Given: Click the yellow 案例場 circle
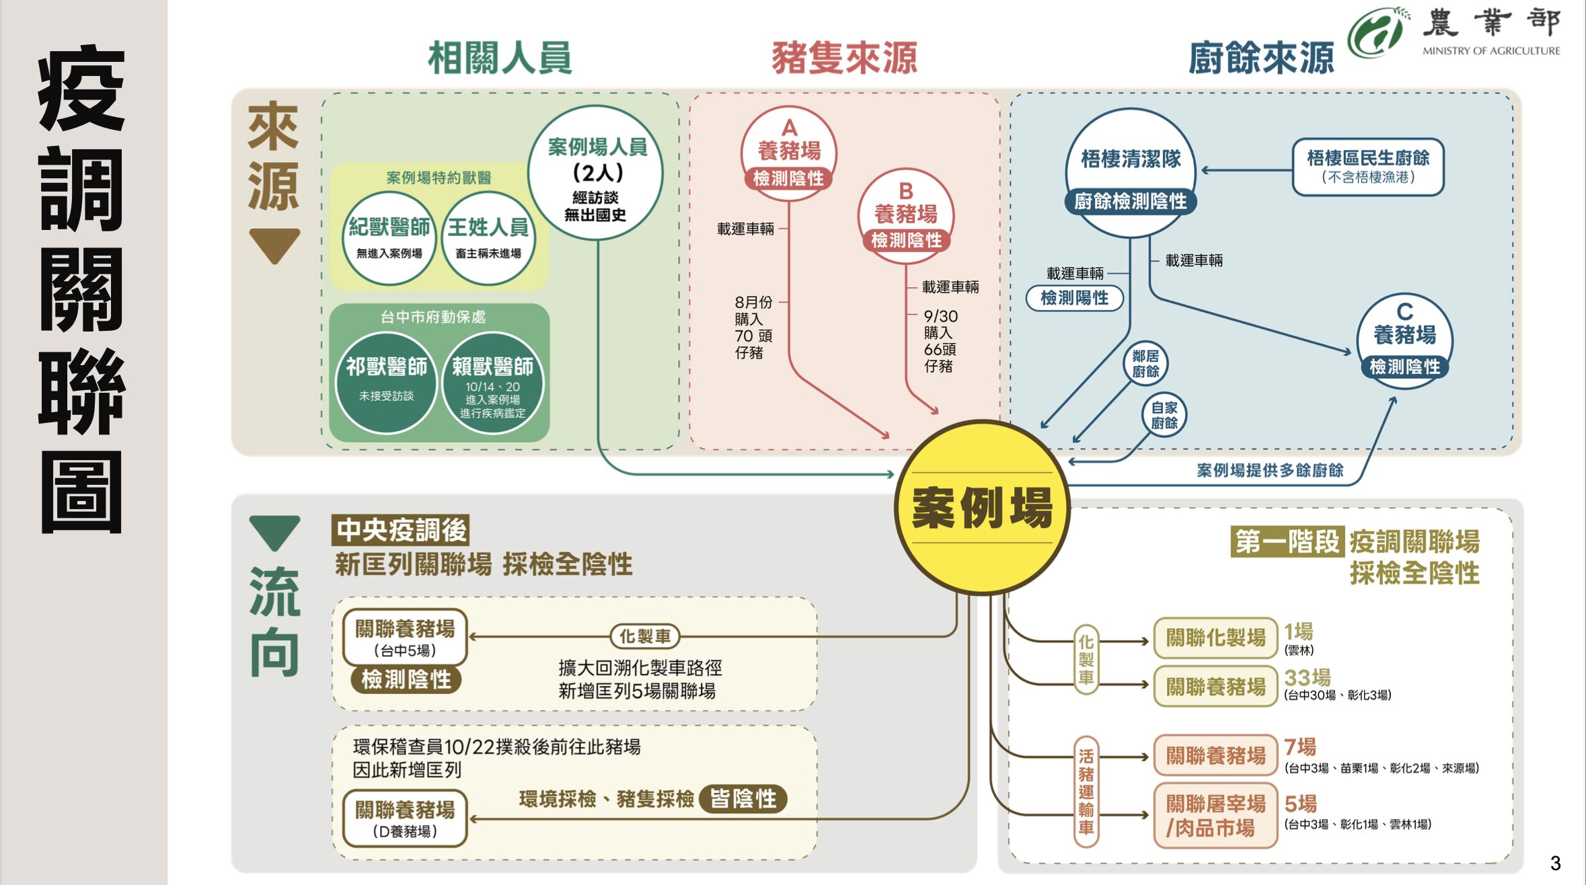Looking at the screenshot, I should [x=982, y=508].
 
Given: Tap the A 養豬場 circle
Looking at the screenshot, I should [x=789, y=151].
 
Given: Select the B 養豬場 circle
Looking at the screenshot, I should [x=906, y=215].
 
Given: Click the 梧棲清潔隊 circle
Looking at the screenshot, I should [x=1131, y=171].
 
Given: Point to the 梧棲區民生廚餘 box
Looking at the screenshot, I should [x=1368, y=166].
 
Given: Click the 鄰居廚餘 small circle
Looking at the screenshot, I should [x=1145, y=364].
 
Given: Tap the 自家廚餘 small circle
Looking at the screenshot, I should [x=1164, y=415].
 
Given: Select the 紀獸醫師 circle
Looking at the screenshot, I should [x=389, y=237].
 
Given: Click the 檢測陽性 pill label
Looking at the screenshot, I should [x=1074, y=298].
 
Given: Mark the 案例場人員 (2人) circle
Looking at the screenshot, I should [x=595, y=174].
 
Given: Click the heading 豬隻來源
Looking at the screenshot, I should [x=844, y=58].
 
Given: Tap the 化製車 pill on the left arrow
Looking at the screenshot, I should [x=644, y=636].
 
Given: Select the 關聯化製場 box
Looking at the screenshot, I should [x=1215, y=637].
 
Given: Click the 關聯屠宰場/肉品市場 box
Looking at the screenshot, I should [x=1215, y=815].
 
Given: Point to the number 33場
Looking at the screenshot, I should [x=1307, y=677].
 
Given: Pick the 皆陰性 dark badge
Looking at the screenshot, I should [x=743, y=798].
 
